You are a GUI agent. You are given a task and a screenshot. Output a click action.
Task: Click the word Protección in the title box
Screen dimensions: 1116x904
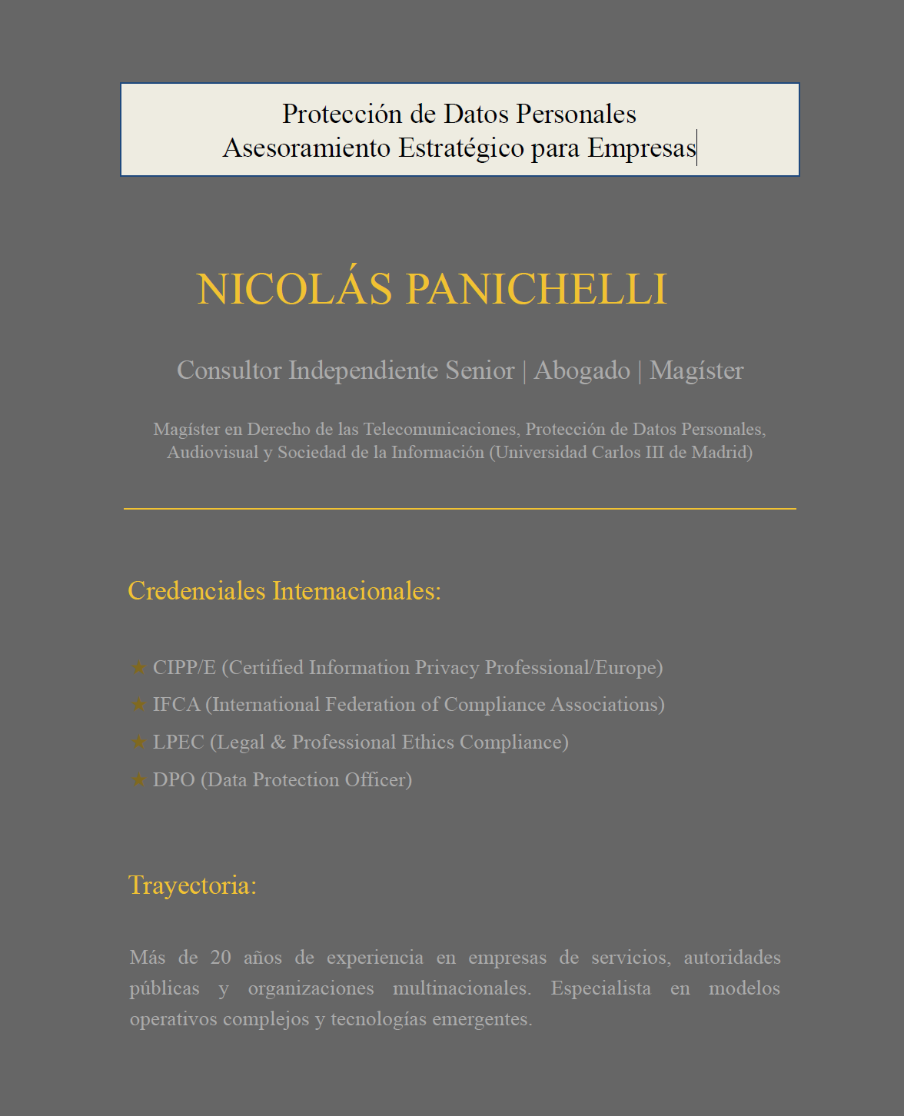coord(342,115)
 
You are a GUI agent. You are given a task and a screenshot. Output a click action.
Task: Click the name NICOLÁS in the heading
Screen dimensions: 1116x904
coord(294,289)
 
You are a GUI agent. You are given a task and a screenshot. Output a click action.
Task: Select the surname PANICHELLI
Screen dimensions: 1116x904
coord(536,289)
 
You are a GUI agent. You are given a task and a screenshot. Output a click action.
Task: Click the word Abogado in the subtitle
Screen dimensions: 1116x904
coord(582,370)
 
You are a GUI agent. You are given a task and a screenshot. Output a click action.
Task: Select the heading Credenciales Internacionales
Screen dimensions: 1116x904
coord(284,591)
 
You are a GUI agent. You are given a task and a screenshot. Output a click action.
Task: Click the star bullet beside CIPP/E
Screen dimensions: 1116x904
coord(139,667)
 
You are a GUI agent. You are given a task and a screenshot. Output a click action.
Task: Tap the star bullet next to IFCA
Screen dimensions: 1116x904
coord(139,704)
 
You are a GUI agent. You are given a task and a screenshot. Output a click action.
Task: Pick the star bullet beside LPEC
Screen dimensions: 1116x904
coord(139,742)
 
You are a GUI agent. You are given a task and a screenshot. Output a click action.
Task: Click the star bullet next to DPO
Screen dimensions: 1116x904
coord(139,779)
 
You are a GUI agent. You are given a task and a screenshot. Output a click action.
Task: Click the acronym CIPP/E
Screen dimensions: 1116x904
coord(184,667)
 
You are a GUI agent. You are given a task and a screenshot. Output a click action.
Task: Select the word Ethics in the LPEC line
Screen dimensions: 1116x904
coord(427,742)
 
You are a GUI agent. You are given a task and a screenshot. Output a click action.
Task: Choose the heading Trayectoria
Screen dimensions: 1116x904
coord(192,885)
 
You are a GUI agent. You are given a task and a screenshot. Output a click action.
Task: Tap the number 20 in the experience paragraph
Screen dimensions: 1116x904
coord(221,958)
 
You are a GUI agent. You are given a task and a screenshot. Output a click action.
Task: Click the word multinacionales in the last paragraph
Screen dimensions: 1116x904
coord(461,988)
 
